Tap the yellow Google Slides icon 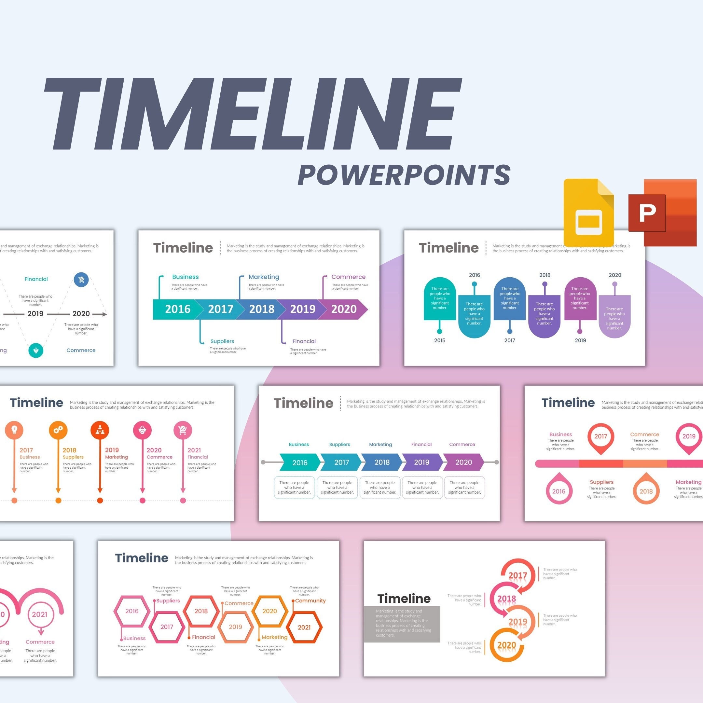588,213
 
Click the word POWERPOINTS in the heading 404,175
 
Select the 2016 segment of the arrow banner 177,309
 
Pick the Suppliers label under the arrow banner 222,341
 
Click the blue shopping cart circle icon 81,280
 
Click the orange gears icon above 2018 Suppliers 58,430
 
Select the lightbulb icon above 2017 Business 14,430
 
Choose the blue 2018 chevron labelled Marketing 382,462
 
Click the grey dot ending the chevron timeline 496,462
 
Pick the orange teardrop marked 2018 646,490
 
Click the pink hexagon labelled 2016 132,611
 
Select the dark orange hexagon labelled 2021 304,627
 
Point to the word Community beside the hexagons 310,601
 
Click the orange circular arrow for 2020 506,645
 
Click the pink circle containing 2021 40,614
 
